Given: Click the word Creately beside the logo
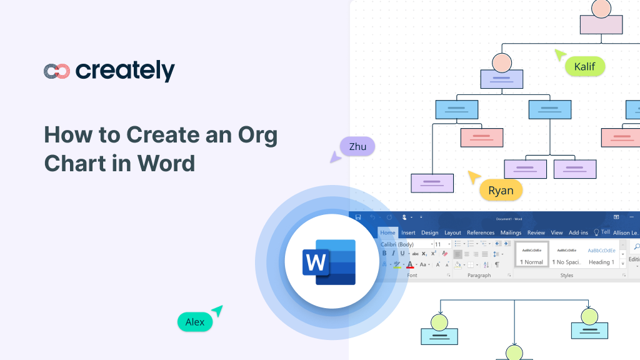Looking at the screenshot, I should (125, 71).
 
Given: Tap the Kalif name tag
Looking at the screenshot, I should (584, 66).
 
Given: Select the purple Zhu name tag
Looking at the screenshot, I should (357, 147).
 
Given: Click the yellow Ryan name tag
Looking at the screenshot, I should (501, 191).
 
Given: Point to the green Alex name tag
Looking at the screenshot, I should (195, 322).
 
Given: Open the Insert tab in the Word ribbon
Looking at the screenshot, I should (408, 232).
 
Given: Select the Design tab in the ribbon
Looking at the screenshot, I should (429, 232).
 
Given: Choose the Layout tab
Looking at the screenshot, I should (452, 232).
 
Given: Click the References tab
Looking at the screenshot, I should (481, 232).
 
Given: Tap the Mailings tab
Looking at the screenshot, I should (511, 232).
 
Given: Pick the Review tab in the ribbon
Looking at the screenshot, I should (536, 232).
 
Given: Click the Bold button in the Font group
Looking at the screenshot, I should (384, 254).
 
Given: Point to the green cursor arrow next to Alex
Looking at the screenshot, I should (217, 311).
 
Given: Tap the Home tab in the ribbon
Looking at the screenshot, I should (388, 232).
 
